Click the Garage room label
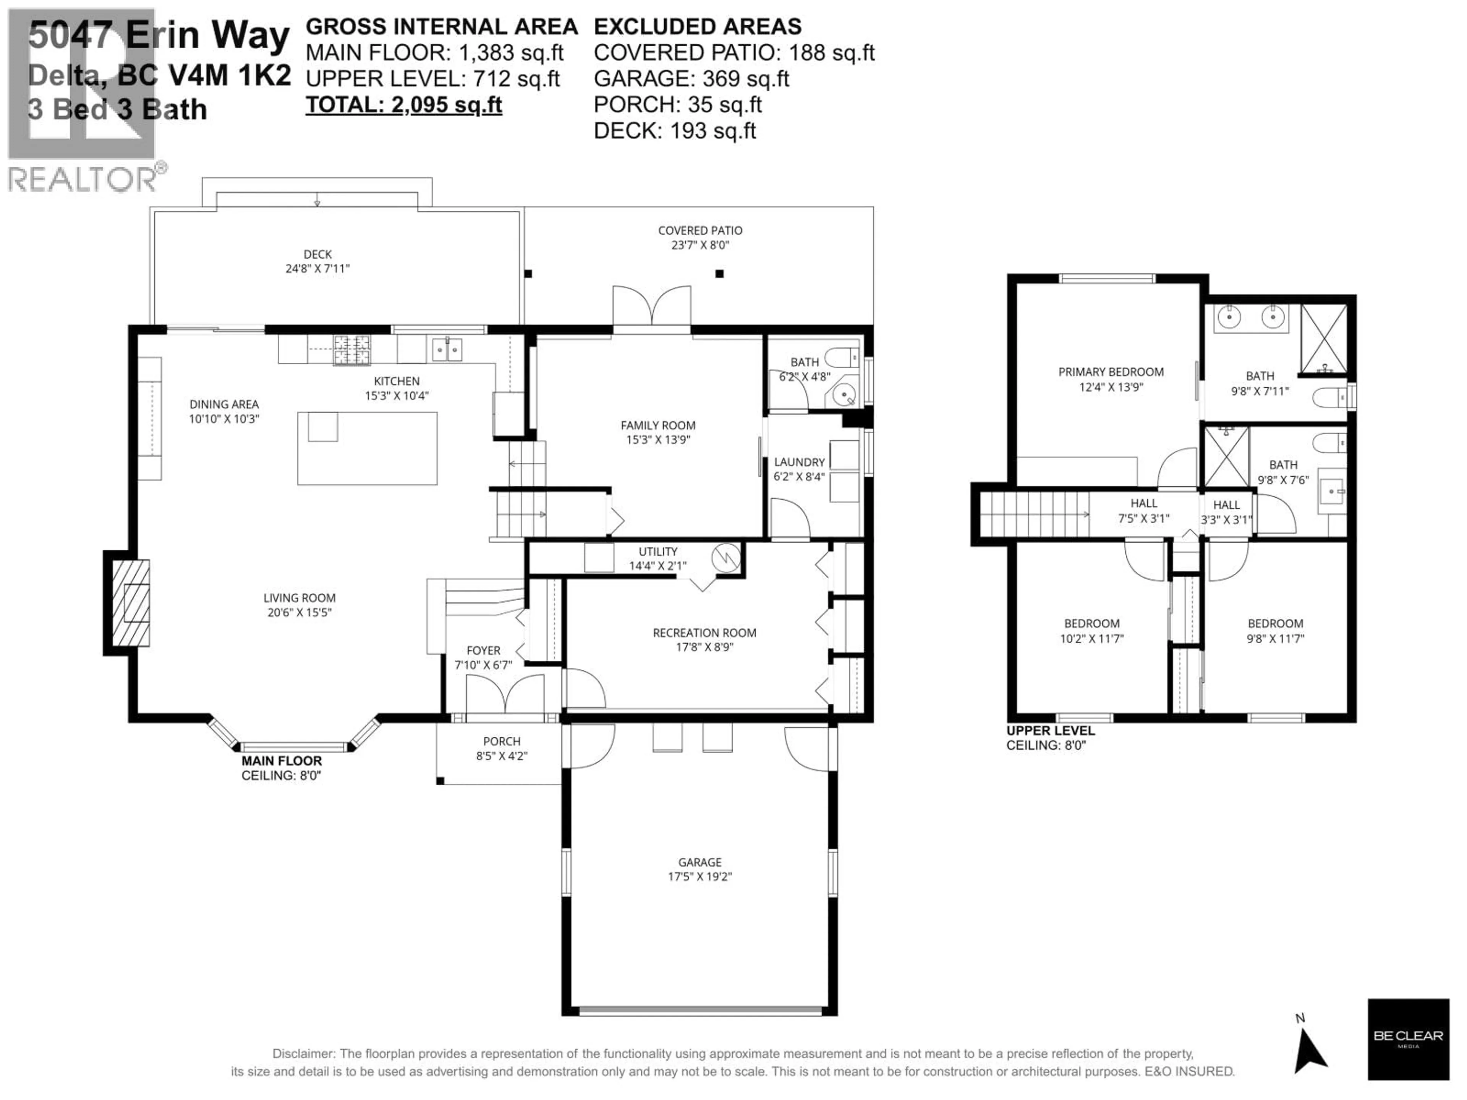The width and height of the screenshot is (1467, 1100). click(699, 862)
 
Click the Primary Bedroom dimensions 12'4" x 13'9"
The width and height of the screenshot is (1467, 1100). click(1111, 387)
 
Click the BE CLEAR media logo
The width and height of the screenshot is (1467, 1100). click(1407, 1039)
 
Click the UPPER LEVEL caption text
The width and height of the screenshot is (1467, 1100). click(1051, 731)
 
